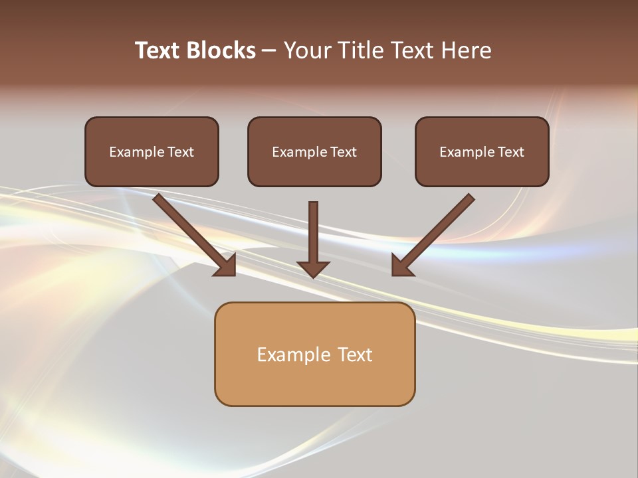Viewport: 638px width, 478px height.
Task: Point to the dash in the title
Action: pyautogui.click(x=269, y=50)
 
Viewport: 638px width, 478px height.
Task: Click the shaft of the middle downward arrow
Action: pyautogui.click(x=313, y=229)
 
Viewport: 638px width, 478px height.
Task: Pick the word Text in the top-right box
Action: pyautogui.click(x=510, y=152)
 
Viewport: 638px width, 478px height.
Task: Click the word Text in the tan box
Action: pyautogui.click(x=356, y=355)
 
